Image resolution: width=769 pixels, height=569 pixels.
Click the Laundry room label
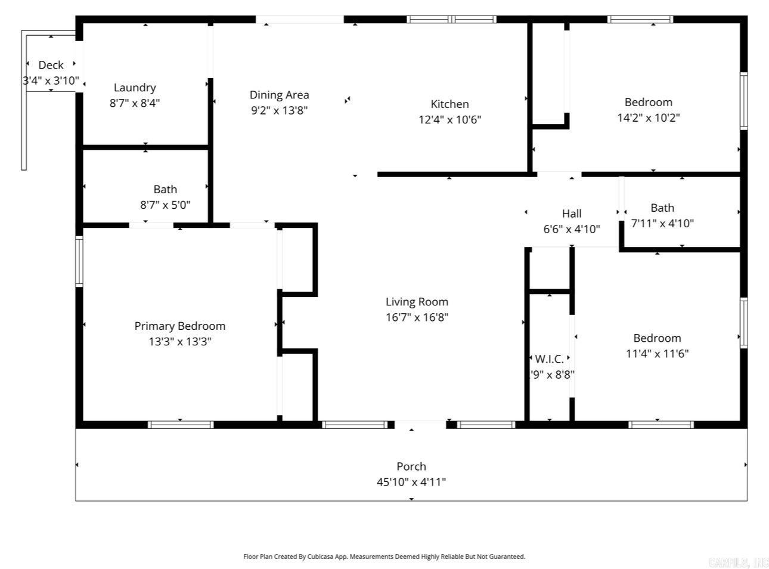pos(135,88)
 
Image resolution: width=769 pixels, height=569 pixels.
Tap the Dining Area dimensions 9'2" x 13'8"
pos(279,110)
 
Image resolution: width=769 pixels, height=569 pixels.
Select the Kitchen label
pos(449,104)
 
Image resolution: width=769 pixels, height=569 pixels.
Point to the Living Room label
pos(417,302)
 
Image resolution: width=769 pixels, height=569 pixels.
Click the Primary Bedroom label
pos(179,326)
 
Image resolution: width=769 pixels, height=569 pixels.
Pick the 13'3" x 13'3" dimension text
pos(179,342)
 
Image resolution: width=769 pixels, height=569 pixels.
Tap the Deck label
pos(51,65)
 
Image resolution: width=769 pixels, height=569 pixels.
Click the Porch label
pos(411,466)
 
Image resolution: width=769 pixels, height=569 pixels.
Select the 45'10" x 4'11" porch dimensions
pos(411,482)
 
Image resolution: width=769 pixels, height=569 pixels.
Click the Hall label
pos(572,214)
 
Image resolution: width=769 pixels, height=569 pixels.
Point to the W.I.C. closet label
pos(549,359)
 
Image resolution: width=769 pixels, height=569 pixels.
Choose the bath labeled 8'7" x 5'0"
pos(165,205)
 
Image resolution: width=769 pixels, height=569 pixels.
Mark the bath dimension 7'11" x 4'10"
pos(662,224)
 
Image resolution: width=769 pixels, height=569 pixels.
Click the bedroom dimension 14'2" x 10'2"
pos(649,117)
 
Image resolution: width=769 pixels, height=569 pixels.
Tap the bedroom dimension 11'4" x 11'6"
pos(657,354)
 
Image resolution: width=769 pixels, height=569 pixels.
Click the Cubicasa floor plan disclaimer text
pos(384,556)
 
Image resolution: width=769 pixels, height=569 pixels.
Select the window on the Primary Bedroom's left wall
pos(79,261)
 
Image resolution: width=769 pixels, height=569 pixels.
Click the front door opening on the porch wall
pos(420,425)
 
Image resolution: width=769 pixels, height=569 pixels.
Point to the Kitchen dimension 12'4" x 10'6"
pos(449,119)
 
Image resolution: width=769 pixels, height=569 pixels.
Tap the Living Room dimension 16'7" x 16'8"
pos(417,317)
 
